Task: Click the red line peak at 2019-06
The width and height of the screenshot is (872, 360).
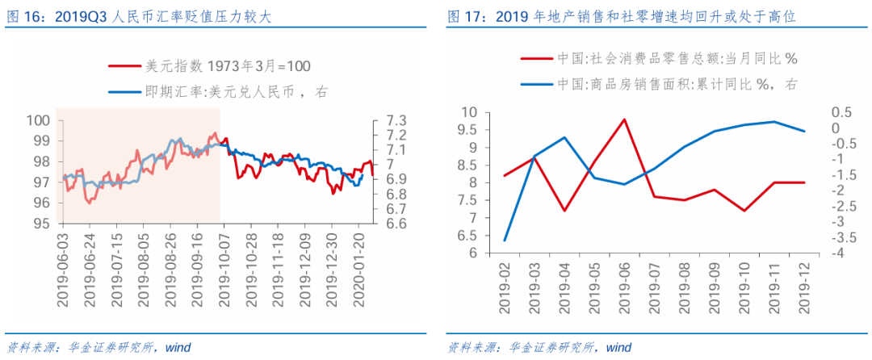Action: pos(624,119)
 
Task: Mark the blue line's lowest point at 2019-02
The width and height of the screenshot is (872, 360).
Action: pos(505,241)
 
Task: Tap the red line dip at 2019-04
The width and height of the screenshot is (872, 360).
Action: pos(564,211)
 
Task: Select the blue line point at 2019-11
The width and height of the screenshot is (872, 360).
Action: pos(774,122)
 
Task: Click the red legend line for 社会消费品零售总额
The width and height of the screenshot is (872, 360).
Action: pos(537,58)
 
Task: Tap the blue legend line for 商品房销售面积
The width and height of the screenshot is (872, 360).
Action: pos(537,84)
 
